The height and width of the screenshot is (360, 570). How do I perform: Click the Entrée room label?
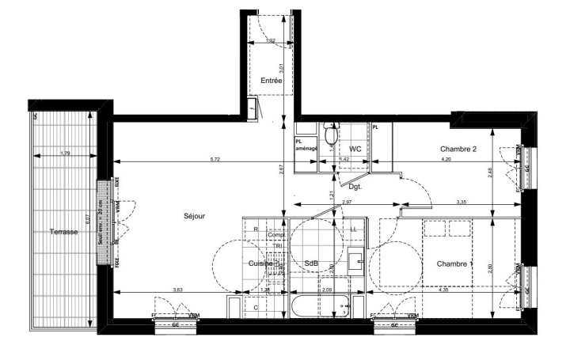click(272, 81)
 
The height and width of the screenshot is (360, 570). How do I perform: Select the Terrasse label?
click(63, 233)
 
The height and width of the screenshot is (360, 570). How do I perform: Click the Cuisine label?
click(261, 263)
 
